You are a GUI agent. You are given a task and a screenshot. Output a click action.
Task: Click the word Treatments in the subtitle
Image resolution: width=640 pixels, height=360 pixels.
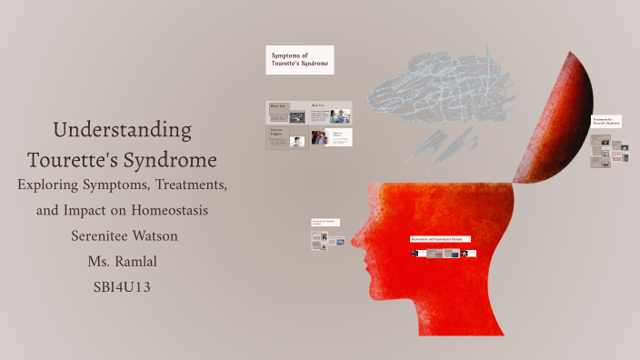[x=187, y=185]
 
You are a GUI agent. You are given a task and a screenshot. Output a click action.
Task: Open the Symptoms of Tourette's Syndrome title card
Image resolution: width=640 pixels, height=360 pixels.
[x=299, y=60]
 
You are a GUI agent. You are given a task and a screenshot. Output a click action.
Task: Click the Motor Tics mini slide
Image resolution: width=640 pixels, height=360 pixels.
[x=286, y=113]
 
